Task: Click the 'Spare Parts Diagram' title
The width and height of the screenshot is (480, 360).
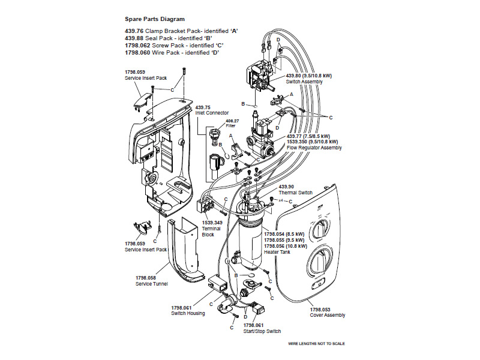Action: coord(155,19)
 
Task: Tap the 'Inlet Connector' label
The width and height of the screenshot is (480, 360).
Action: coord(212,113)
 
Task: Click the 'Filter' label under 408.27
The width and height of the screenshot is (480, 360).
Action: coord(231,126)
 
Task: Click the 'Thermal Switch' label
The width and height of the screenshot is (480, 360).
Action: coord(295,193)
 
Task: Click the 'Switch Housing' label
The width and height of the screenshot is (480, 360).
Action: coord(188,313)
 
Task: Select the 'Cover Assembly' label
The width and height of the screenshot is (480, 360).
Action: coord(328,315)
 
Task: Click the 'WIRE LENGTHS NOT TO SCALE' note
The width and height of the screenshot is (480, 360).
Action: coord(316,344)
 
